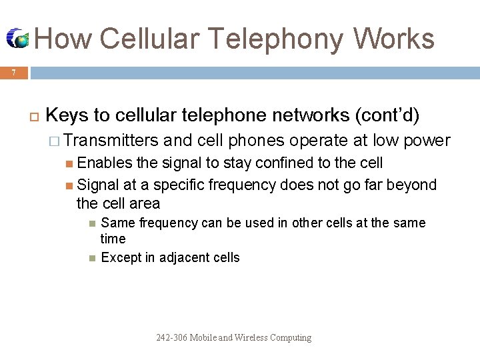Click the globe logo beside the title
click(18, 39)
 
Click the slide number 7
click(13, 73)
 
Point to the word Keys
click(68, 115)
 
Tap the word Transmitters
click(111, 141)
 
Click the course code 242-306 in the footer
click(171, 337)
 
